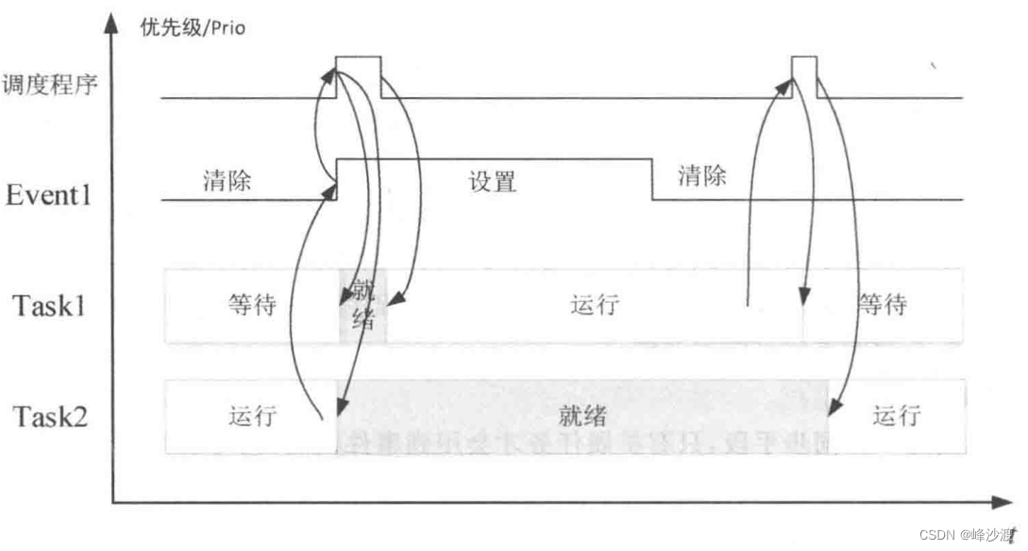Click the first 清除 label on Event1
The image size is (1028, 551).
[x=227, y=180]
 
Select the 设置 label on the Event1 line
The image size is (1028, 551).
[x=493, y=181]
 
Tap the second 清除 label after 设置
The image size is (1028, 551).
[x=702, y=175]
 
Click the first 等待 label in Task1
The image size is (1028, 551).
[x=252, y=306]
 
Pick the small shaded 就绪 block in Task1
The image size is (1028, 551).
[x=362, y=306]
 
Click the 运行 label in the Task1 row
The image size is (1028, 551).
[x=595, y=306]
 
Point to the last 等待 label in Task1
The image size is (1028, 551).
[x=882, y=306]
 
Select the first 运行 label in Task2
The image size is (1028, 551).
[x=252, y=415]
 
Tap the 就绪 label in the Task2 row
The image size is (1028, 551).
[x=581, y=415]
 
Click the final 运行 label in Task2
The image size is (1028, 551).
[x=897, y=415]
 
